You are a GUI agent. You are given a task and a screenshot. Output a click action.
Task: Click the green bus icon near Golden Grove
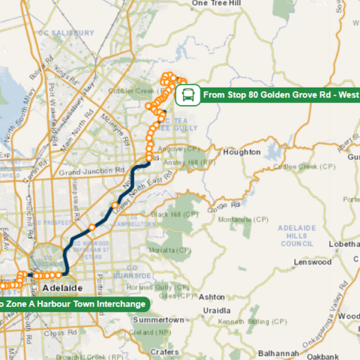pyautogui.click(x=188, y=94)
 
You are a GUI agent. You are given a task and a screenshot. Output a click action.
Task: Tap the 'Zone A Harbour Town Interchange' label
pyautogui.click(x=73, y=304)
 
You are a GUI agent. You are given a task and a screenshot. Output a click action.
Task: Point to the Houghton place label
pyautogui.click(x=241, y=152)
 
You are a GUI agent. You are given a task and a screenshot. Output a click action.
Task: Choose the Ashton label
pyautogui.click(x=212, y=297)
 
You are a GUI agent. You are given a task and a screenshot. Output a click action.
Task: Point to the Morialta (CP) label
pyautogui.click(x=169, y=250)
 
